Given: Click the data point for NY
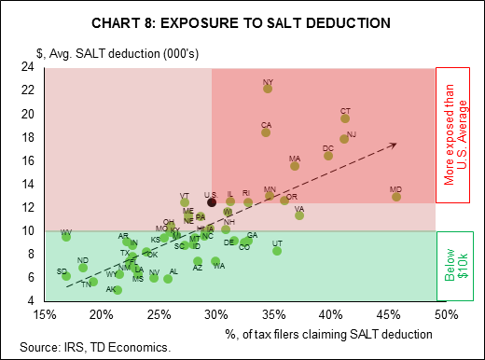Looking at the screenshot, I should pos(268,89).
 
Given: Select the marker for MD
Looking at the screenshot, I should pos(396,196).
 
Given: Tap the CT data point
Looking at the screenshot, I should pos(345,118).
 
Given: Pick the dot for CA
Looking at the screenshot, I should pos(266,132).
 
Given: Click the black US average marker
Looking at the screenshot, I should pos(212,201).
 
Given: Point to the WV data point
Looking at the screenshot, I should pos(66,237).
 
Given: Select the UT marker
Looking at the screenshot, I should pos(277,250).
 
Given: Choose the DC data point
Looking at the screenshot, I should pos(328,155).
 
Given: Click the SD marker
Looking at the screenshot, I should pos(66,276).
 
